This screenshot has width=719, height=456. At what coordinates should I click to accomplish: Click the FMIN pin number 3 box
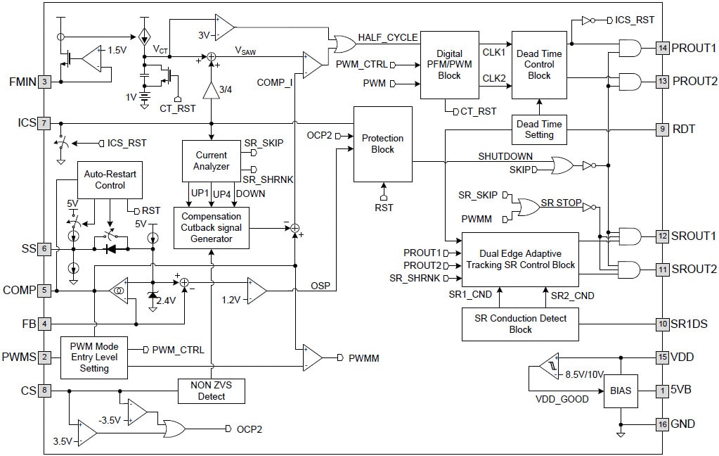pos(45,82)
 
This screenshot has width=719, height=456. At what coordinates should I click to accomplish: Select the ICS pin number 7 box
pos(45,123)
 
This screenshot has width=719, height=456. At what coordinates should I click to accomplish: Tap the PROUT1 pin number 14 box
pos(661,48)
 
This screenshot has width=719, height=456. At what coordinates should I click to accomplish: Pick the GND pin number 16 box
pos(661,424)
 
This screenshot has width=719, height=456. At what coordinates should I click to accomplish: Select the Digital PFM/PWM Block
pos(449,64)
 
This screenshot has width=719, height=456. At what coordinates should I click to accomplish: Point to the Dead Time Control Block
pos(539,64)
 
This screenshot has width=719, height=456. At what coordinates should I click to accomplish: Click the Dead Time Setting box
pos(539,129)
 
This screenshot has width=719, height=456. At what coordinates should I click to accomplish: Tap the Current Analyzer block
pos(211,160)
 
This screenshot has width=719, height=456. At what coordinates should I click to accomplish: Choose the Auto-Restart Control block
pos(109,179)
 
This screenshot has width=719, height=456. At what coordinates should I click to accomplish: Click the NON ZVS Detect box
pos(211,391)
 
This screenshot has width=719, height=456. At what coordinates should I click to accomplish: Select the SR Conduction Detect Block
pos(520,324)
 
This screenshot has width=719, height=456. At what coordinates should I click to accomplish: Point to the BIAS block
pos(620,391)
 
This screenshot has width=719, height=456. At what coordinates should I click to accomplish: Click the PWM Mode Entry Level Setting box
pos(94,357)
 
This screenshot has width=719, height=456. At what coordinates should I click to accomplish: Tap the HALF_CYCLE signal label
pos(387,37)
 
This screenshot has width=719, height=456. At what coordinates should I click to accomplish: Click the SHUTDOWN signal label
pos(505,156)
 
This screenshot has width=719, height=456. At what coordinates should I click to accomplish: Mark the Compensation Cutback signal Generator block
pos(211,227)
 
